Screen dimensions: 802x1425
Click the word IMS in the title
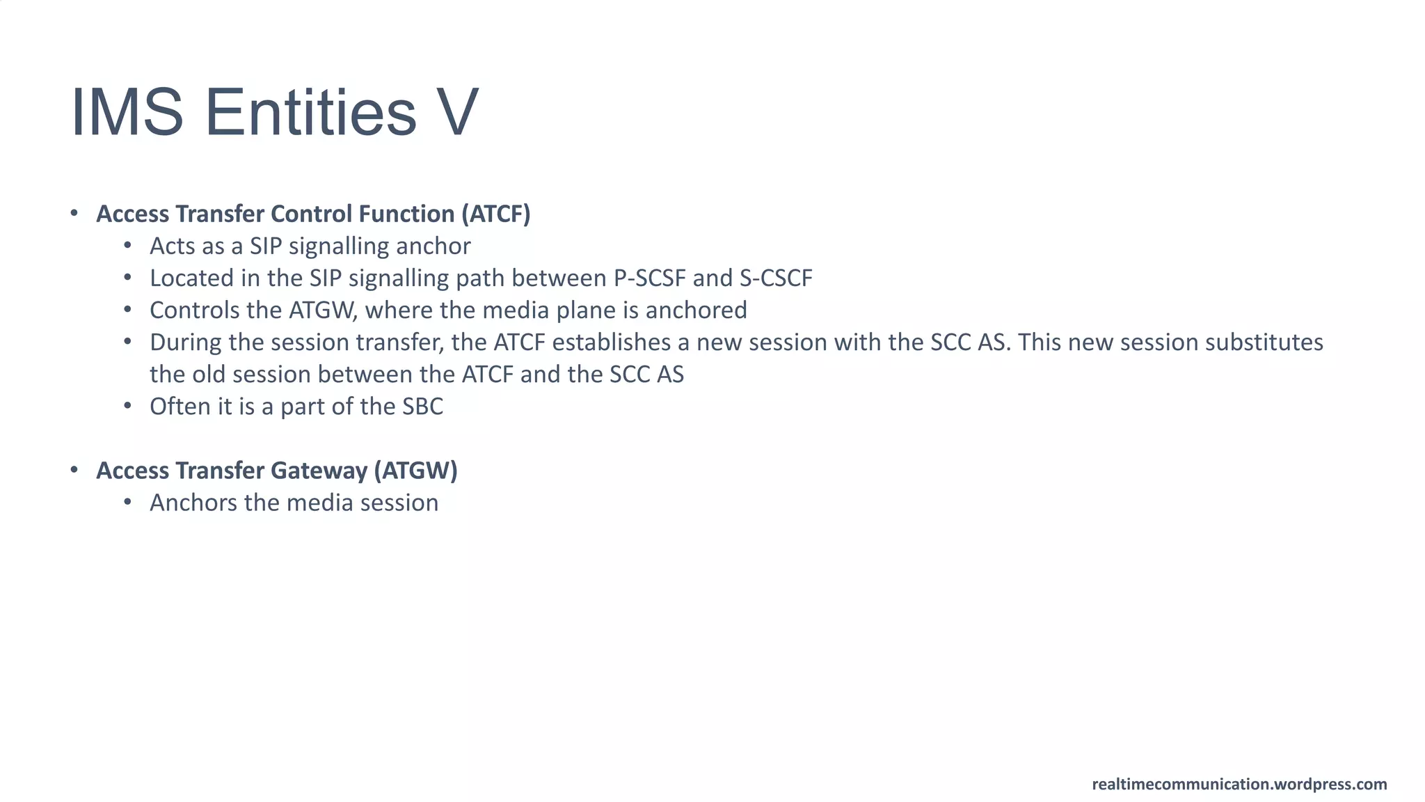pos(127,113)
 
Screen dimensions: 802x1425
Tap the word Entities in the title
pos(310,113)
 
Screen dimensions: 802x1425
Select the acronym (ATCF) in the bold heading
pos(495,214)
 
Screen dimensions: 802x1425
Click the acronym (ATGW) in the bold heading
pos(415,471)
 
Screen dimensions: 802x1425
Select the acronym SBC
pos(422,407)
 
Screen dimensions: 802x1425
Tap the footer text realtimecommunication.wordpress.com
pos(1239,785)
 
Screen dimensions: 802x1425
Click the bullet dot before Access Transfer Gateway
pos(74,471)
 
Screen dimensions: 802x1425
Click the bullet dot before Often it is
pos(127,406)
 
